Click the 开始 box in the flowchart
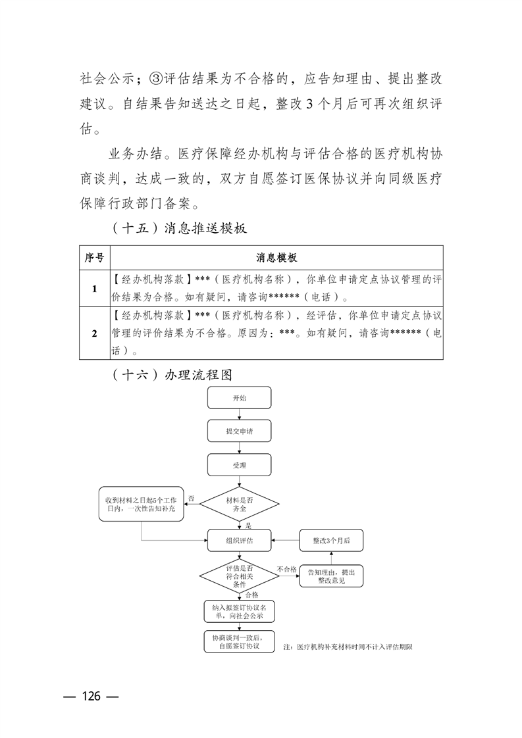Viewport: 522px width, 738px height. click(240, 399)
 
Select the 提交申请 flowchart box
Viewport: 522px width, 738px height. click(240, 432)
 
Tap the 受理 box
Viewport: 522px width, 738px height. click(240, 465)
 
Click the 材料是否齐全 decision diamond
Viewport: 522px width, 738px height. click(240, 504)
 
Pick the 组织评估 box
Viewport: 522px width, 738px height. click(240, 541)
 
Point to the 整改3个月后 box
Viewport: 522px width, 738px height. click(332, 541)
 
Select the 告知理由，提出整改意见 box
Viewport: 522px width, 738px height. click(331, 576)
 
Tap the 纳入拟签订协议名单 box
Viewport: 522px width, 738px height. click(240, 612)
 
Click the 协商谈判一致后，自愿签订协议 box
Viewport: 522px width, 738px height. click(240, 643)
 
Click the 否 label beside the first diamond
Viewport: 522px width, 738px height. click(191, 498)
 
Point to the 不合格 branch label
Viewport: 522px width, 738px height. click(286, 569)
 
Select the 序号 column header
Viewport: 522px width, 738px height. click(95, 257)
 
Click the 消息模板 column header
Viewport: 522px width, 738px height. click(276, 257)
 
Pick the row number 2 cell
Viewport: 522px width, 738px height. click(95, 333)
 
